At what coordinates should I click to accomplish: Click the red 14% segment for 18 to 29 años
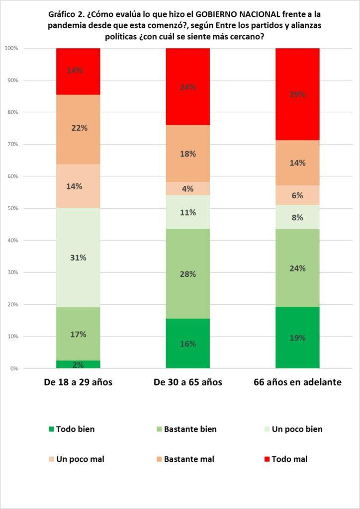78,71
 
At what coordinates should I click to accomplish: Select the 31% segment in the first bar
78,257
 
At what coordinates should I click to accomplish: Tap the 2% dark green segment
78,364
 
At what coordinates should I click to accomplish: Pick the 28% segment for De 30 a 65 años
187,274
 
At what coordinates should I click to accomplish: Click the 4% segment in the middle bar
187,189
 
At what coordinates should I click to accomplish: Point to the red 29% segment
297,94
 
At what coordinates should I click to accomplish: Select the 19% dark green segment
297,338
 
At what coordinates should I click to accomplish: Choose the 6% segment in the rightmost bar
297,195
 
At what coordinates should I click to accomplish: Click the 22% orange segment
78,128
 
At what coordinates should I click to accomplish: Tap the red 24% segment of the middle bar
187,87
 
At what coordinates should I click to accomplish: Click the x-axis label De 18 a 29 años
78,382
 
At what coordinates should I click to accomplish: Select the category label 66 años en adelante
297,382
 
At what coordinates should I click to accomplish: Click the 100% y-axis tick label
11,48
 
